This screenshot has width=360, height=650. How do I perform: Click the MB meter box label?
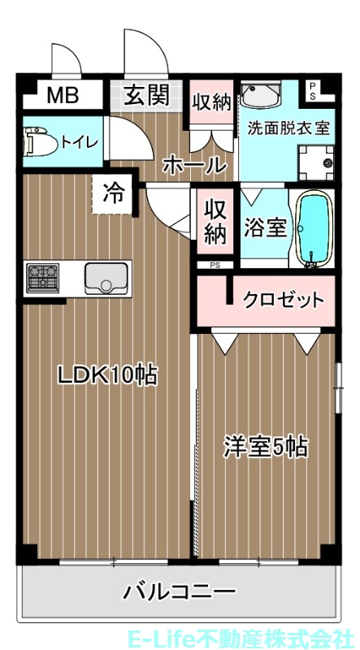[x=62, y=96]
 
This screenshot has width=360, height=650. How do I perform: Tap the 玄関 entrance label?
[x=146, y=95]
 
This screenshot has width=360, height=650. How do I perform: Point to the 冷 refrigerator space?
[x=113, y=193]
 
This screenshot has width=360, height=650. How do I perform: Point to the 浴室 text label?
[x=266, y=227]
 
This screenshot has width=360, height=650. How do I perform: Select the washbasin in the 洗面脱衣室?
[x=262, y=97]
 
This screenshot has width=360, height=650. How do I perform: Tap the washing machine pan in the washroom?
[x=315, y=162]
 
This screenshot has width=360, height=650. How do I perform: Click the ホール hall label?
[x=193, y=165]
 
